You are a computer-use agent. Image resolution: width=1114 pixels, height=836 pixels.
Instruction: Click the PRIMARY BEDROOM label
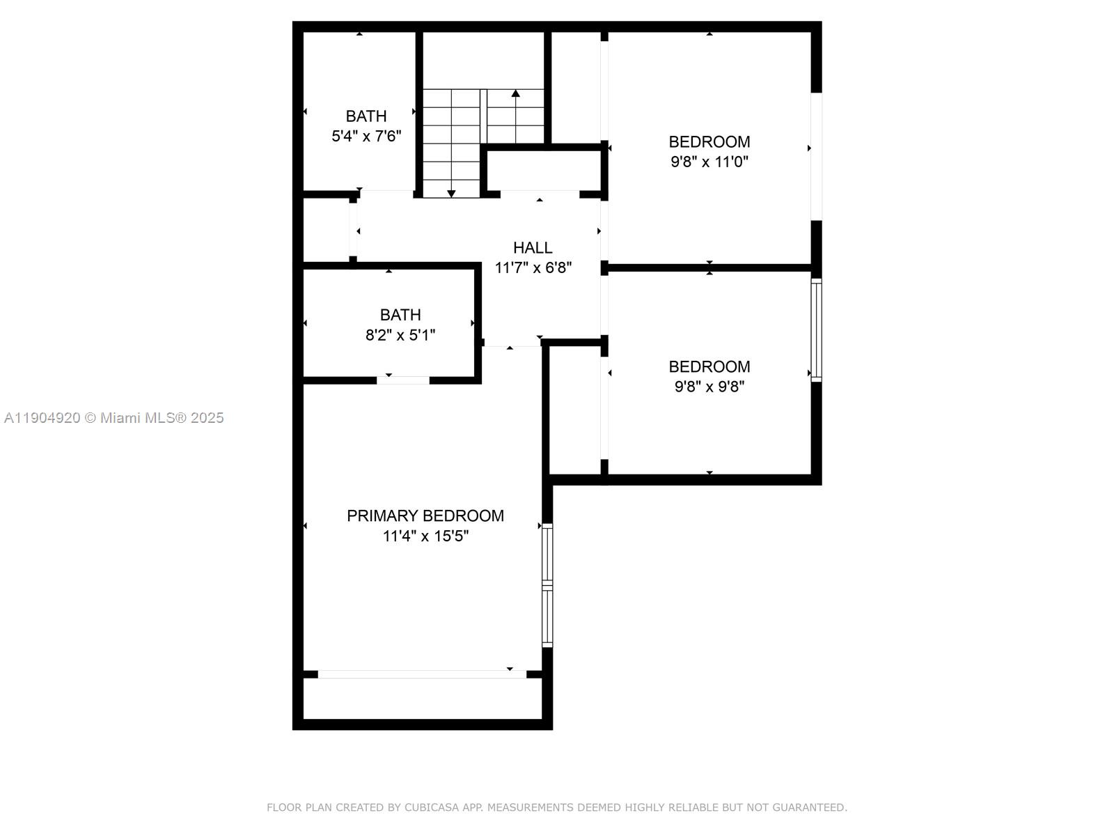425,516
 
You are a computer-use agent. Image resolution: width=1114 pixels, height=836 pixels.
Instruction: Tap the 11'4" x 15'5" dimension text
425,536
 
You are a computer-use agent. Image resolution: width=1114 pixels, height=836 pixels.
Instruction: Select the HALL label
533,247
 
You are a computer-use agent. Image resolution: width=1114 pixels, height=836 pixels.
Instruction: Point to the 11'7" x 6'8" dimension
533,268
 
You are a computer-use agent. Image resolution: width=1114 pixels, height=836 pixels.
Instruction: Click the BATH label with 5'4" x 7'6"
366,116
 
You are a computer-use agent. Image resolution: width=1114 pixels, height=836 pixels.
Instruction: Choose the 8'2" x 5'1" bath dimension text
400,335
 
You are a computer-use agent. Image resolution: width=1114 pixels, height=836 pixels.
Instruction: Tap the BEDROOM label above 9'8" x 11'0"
709,141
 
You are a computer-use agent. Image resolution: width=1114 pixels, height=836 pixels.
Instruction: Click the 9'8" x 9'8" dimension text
709,387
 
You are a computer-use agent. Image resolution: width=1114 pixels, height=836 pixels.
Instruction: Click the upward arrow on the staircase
515,94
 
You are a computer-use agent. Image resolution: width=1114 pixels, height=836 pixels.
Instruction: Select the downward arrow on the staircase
451,192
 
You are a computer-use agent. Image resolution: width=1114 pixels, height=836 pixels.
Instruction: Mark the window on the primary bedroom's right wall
547,585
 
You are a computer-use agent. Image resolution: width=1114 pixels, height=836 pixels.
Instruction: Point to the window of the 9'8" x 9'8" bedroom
816,330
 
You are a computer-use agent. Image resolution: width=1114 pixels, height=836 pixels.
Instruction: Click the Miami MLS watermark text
114,418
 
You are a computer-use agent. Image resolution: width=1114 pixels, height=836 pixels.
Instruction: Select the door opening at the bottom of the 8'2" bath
403,380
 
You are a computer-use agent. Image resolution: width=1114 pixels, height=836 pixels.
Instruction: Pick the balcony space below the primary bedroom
422,699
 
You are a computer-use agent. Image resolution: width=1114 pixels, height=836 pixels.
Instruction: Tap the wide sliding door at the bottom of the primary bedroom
422,674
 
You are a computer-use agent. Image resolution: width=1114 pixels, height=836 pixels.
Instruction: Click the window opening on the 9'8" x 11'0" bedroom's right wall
816,156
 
